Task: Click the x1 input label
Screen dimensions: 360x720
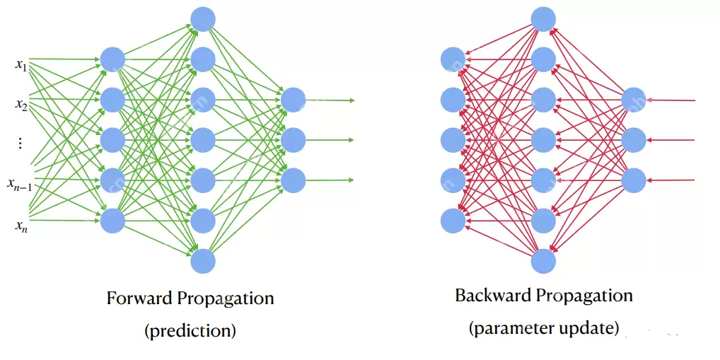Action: (21, 64)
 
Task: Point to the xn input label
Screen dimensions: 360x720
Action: (21, 226)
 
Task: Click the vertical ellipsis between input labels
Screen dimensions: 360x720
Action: (20, 144)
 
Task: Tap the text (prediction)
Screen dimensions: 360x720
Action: (190, 330)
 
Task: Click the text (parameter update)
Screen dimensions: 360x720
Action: (543, 327)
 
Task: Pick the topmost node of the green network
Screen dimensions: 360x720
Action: (203, 19)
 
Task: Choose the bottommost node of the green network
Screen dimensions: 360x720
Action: (203, 261)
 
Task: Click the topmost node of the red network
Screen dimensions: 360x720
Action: (543, 19)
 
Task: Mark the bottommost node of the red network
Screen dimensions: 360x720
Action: (543, 261)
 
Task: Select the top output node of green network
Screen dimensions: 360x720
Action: (293, 100)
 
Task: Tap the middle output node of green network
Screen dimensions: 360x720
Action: (293, 140)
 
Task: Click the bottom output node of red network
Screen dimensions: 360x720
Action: (634, 180)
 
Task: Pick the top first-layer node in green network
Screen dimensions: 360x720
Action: (112, 59)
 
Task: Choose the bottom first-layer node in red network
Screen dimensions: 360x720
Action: (453, 221)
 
